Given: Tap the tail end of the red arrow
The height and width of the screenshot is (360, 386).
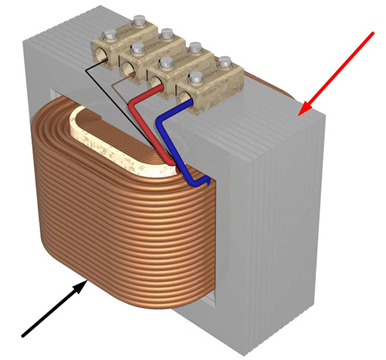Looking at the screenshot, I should [372, 32].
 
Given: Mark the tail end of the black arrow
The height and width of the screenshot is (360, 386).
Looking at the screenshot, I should [23, 335].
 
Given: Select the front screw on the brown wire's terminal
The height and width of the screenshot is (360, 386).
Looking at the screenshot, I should [136, 48].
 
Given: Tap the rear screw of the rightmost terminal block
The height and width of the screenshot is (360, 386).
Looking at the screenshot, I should [225, 62].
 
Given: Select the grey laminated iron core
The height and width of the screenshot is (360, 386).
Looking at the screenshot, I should [289, 212].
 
